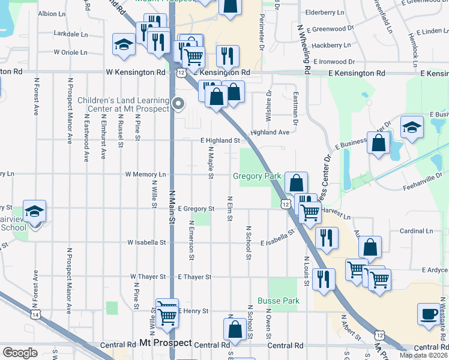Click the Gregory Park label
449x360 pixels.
[257, 176]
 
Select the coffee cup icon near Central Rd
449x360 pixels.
[430, 314]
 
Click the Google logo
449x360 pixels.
[20, 353]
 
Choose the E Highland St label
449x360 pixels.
[220, 140]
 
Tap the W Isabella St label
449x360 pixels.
[146, 242]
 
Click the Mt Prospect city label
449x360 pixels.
[165, 344]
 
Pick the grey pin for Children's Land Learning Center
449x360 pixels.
[178, 104]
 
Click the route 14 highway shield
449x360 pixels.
[36, 314]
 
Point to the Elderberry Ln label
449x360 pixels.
[325, 12]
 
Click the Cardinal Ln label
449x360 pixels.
[412, 231]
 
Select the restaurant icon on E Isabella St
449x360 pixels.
[326, 236]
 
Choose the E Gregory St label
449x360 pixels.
[196, 209]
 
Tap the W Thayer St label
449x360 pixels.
[148, 277]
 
